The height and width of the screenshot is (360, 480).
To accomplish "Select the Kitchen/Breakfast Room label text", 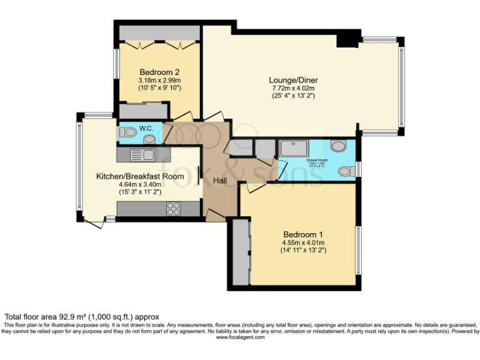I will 140,176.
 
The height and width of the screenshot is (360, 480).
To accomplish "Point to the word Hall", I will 220,181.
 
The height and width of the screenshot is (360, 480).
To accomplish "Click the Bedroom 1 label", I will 303,234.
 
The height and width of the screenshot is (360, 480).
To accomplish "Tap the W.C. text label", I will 146,128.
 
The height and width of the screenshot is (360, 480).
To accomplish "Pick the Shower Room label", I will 317,161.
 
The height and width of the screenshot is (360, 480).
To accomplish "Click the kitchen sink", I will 142,154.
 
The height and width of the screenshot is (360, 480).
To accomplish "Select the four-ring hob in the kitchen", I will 173,209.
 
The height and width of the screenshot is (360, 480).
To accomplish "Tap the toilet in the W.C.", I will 127,132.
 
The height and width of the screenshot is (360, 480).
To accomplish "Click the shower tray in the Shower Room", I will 292,149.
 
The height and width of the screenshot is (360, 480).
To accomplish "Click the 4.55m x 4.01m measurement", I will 303,242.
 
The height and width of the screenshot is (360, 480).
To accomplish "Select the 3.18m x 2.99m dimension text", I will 159,80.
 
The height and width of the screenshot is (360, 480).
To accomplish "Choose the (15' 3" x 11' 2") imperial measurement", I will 140,192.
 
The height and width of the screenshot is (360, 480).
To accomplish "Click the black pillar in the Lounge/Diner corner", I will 345,39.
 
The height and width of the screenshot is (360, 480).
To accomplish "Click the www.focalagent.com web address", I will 240,337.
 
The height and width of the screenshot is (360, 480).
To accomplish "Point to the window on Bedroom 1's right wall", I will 357,249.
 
